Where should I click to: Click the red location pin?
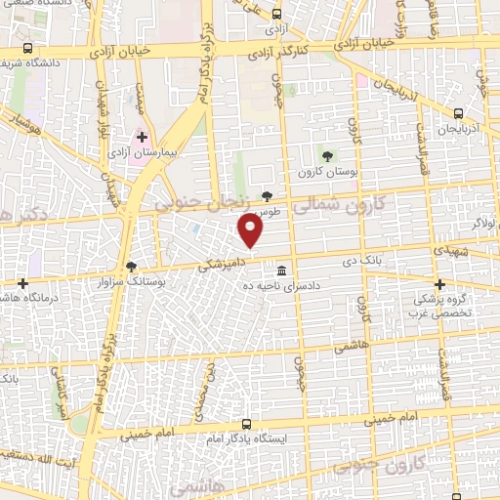pos(251,231)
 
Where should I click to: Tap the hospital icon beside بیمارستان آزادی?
pos(143,136)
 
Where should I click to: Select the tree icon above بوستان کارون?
pos(327,155)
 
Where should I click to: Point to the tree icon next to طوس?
pos(268,196)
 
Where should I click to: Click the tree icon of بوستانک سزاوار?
pos(132,267)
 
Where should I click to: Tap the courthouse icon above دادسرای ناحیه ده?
pos(281,271)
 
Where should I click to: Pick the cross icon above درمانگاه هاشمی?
pos(23,284)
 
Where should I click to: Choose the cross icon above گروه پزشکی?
pos(439,285)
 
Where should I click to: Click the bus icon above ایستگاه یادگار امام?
pos(245,425)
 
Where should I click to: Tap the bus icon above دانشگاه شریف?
pos(26,48)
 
